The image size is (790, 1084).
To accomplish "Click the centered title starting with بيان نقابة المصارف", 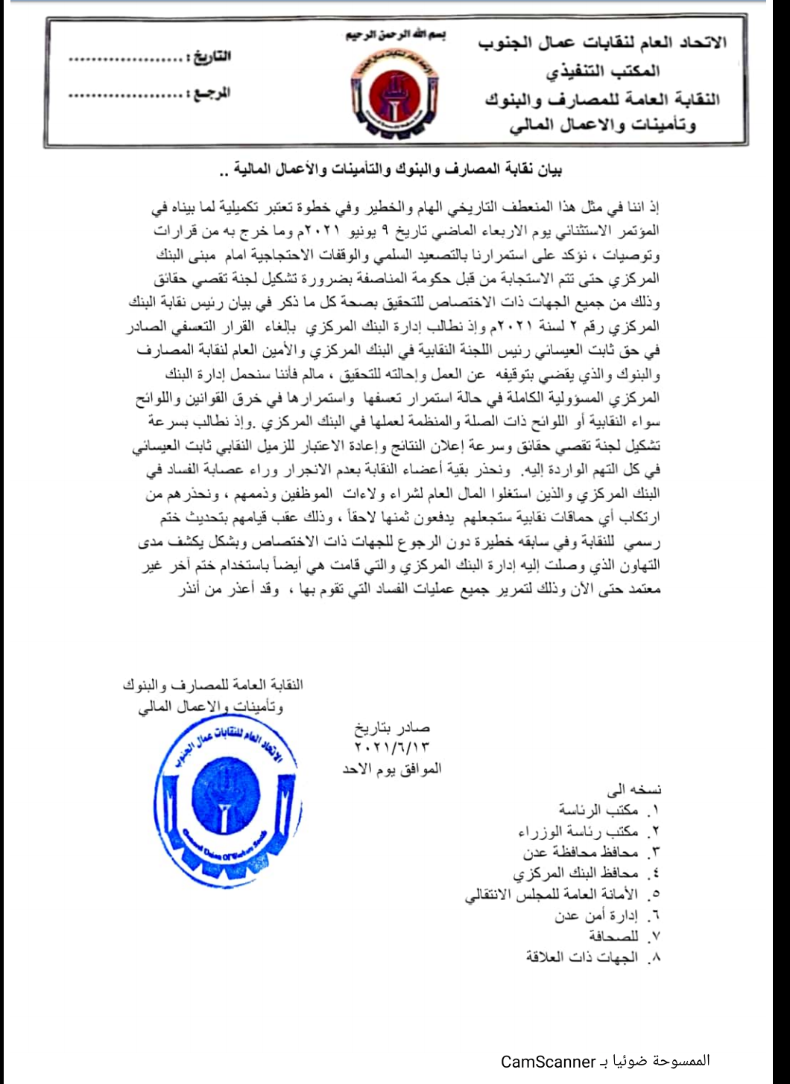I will [x=394, y=170].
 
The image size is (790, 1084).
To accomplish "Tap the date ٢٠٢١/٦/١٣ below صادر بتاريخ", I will [x=392, y=746].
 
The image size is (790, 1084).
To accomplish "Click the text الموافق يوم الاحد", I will [x=392, y=768].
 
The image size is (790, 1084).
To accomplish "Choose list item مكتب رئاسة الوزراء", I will [x=578, y=830].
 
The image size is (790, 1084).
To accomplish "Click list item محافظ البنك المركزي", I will [x=576, y=873].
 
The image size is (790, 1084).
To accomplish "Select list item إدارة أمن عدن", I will [x=597, y=915].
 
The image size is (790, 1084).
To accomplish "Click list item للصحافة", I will [x=614, y=936].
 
